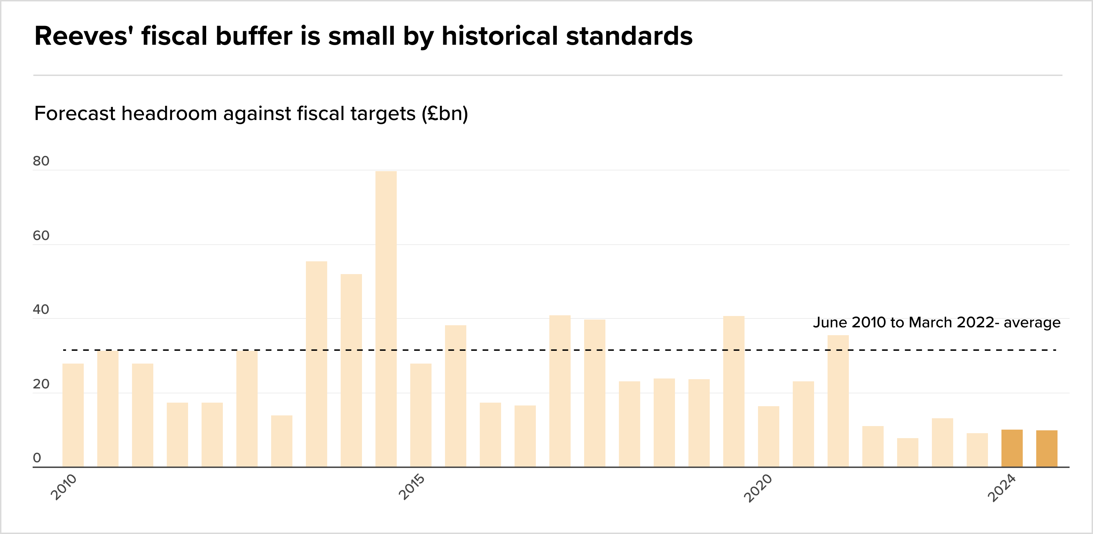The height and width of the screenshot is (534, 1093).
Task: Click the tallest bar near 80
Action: tap(386, 318)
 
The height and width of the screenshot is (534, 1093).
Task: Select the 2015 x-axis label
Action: tap(412, 487)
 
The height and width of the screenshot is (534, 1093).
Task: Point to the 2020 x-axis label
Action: tap(758, 488)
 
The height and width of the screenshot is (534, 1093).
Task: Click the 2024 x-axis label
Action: tap(1002, 488)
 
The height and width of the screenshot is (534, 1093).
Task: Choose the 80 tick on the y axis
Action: tap(41, 161)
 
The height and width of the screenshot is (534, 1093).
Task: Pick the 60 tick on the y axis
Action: tap(41, 236)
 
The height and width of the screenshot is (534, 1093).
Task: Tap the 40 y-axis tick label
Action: tap(41, 310)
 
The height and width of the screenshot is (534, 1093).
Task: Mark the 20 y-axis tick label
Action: tap(41, 384)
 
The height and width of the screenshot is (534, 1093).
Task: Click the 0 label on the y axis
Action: tap(37, 458)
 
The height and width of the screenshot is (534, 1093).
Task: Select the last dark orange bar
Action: tap(1046, 449)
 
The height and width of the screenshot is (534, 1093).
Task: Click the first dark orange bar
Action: tap(1011, 448)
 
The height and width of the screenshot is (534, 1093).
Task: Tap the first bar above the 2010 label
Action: tap(73, 415)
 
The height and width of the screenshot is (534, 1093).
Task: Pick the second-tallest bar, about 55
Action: tap(317, 364)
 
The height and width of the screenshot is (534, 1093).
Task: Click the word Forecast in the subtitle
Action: tap(75, 113)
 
